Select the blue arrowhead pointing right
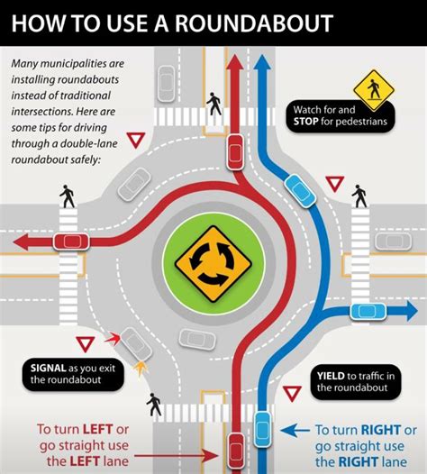pyautogui.click(x=410, y=312)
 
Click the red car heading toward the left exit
pyautogui.click(x=69, y=242)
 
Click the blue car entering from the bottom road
pyautogui.click(x=262, y=424)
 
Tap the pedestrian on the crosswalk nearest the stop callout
pyautogui.click(x=213, y=103)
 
